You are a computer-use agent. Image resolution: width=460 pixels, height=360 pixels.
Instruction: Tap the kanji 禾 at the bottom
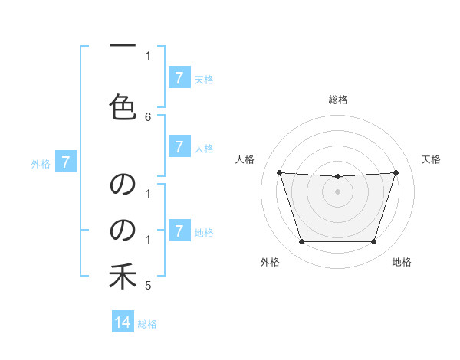pos(123,277)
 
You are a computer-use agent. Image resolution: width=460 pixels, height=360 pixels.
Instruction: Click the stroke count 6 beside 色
pos(148,116)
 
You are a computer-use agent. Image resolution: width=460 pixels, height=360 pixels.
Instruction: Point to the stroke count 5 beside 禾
pos(148,286)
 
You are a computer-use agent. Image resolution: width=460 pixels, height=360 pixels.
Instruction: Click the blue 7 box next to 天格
pos(179,78)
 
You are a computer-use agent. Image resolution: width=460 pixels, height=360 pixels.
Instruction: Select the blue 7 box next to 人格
pos(179,146)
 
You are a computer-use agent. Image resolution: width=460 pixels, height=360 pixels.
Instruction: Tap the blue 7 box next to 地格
pos(179,231)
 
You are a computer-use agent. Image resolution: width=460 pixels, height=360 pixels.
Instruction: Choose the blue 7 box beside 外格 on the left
pos(66,162)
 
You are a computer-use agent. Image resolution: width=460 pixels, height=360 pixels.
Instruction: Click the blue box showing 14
pos(123,322)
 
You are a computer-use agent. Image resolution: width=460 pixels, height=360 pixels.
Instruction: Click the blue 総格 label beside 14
pos(147,324)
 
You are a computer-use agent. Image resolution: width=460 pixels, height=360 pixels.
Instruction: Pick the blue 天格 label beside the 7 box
pos(204,79)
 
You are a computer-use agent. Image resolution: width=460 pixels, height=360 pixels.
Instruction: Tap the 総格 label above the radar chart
pos(338,100)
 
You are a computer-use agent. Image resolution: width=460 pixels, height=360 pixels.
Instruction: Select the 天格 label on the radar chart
pos(432,159)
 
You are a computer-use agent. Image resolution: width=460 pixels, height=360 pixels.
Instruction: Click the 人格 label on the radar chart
pos(245,159)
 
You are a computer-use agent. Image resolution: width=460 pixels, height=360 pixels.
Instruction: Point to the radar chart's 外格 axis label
pos(269,262)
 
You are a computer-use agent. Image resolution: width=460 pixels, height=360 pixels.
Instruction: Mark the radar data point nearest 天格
pos(396,172)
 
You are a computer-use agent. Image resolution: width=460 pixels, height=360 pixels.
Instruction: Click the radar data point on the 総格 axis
pos(337,177)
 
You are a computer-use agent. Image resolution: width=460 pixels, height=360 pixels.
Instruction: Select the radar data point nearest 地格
pos(373,242)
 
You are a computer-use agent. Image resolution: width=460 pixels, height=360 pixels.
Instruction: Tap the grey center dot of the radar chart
pos(337,191)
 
